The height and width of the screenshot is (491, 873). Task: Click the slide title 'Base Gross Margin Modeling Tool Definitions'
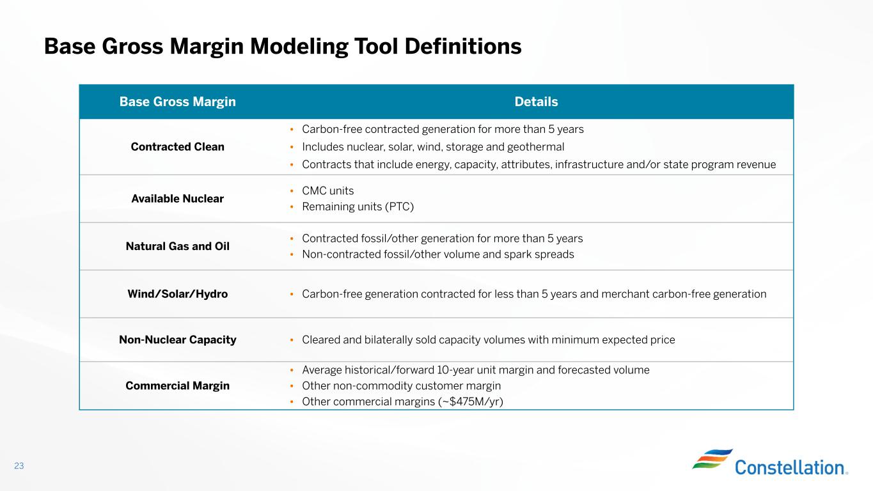(283, 47)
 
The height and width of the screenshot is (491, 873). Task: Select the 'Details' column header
(536, 102)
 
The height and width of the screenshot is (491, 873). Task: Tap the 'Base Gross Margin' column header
(177, 102)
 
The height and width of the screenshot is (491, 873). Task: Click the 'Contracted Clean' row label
(177, 147)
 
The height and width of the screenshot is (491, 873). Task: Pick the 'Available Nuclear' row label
(177, 199)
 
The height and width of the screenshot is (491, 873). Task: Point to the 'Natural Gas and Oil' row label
(177, 246)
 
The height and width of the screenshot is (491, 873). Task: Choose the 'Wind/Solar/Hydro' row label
(177, 294)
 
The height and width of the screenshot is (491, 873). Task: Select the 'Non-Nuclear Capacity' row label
(177, 340)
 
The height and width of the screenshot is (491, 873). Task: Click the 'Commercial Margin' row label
(177, 386)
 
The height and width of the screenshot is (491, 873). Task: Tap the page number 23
(19, 465)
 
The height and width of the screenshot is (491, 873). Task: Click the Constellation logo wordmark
(790, 467)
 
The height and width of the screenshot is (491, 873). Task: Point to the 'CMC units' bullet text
(327, 191)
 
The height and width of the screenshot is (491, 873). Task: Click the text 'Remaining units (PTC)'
(358, 207)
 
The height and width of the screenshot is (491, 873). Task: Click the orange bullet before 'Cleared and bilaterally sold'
(292, 340)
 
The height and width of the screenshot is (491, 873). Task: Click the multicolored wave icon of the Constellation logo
(712, 458)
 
